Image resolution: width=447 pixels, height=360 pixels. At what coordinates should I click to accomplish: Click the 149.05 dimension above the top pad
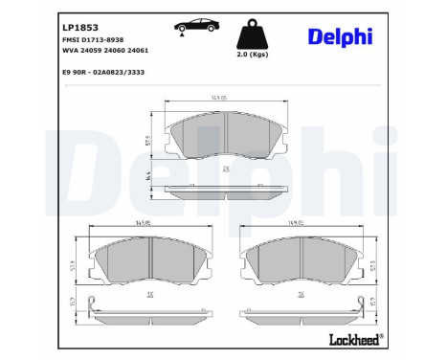(x=223, y=96)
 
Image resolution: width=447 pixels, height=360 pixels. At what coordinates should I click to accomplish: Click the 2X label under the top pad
(x=226, y=169)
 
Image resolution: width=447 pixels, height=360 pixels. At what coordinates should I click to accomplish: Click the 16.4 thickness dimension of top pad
(x=149, y=177)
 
